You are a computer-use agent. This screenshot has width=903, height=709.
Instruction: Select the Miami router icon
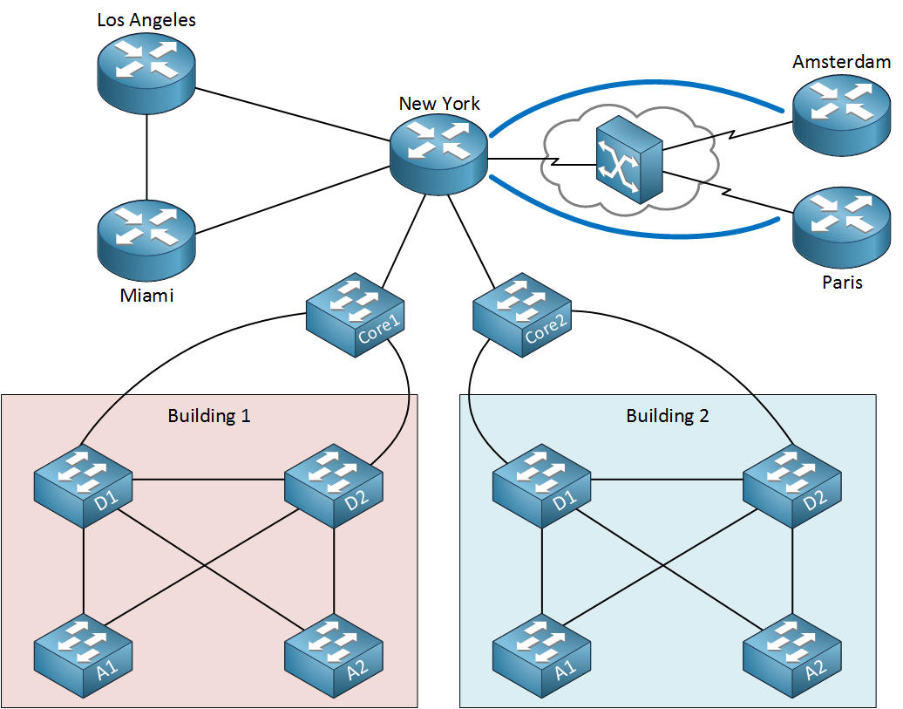(x=146, y=237)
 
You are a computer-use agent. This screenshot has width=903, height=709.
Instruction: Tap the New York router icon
(x=438, y=154)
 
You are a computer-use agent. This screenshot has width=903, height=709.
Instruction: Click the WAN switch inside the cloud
(x=628, y=162)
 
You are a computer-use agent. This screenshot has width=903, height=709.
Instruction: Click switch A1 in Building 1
(x=84, y=655)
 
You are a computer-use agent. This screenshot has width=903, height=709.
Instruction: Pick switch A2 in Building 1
(x=336, y=655)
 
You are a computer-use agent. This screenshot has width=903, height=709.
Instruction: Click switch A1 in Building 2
(x=542, y=655)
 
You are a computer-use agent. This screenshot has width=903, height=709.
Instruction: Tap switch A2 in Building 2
(x=792, y=655)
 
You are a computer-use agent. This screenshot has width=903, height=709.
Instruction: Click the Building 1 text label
(x=209, y=416)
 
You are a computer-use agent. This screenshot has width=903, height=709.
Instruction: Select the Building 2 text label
(x=668, y=416)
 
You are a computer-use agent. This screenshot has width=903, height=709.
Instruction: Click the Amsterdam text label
(x=842, y=62)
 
